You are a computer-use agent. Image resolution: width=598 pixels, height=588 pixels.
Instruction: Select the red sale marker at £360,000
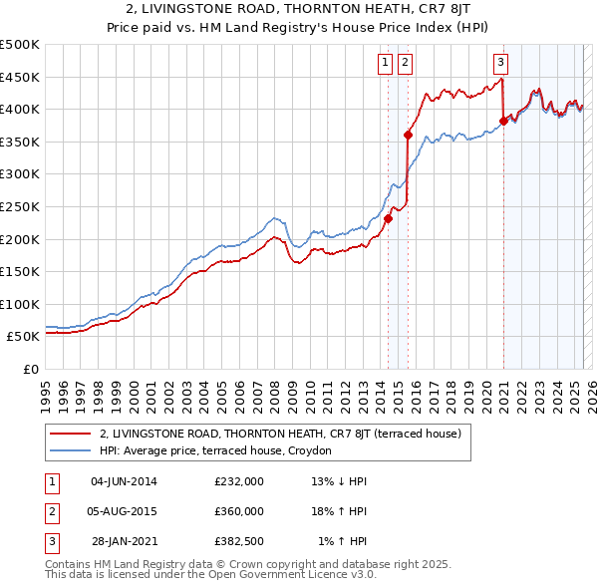coord(408,135)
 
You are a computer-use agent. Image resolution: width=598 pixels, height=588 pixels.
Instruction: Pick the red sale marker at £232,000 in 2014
coord(388,219)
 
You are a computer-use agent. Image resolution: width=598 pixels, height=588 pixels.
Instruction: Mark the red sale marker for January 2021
coord(503,121)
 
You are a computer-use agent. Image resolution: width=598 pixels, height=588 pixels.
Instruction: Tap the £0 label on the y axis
coord(30,369)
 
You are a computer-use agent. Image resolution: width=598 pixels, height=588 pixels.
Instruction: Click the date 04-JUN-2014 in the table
coord(124,481)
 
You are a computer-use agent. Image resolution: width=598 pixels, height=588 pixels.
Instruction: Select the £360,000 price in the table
coord(239,511)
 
